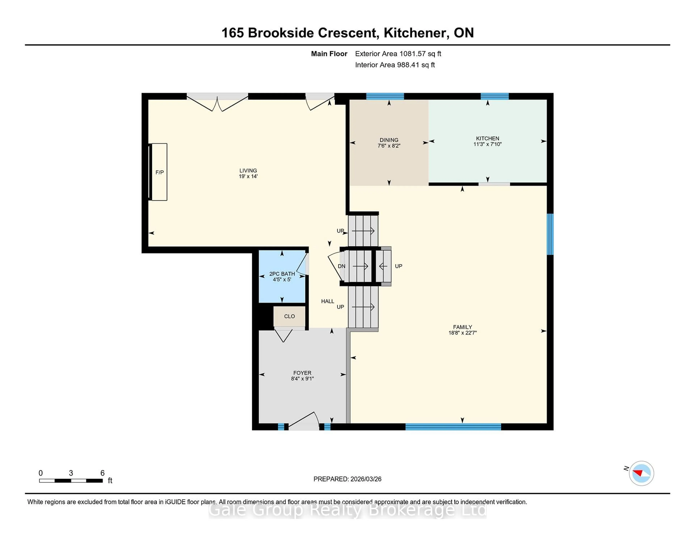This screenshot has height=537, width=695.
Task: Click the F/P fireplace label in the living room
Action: [159, 172]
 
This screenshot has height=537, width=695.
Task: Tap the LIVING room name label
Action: [248, 170]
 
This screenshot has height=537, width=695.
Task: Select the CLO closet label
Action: [289, 316]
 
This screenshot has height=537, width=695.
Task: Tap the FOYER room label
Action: [302, 373]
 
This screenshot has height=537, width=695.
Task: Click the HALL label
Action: [327, 301]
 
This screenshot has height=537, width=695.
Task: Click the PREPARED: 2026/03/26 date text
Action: [347, 479]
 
